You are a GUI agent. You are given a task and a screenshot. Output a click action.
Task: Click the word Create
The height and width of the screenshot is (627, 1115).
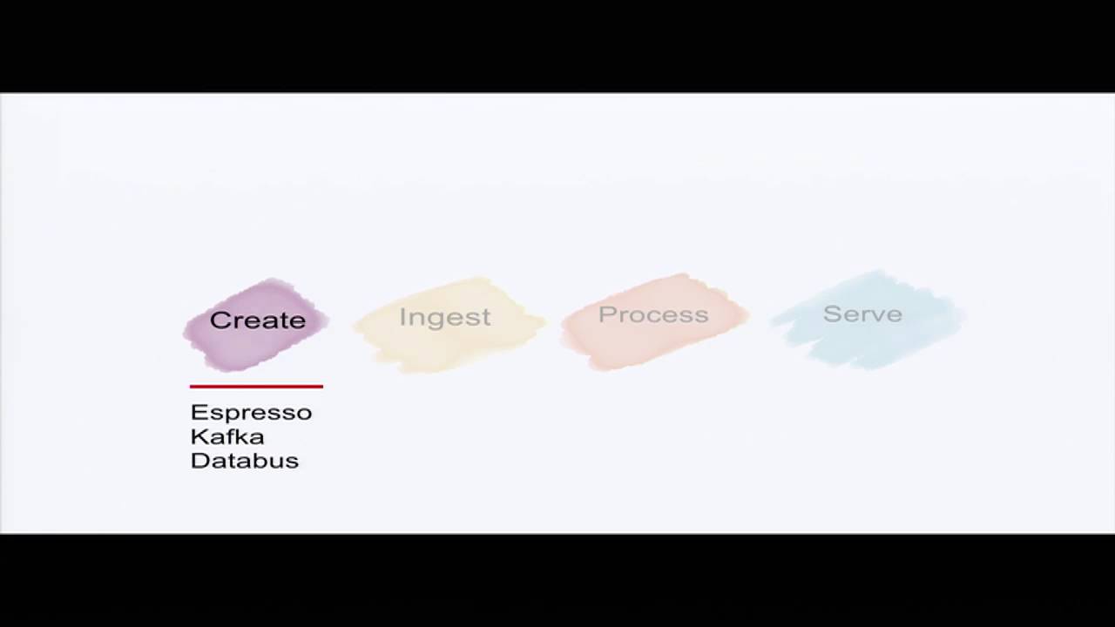coord(258,320)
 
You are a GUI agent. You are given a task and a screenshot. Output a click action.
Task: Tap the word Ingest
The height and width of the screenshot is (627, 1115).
coord(444,318)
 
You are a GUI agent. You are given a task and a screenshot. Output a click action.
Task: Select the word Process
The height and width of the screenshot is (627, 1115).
coord(653,314)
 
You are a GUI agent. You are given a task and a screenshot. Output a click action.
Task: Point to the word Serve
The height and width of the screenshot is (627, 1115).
coord(862,313)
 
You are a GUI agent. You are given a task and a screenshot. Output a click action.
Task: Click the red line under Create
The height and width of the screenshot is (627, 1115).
coord(256,386)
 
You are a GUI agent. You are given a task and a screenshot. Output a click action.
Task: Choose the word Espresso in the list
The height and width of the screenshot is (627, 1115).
coord(251,413)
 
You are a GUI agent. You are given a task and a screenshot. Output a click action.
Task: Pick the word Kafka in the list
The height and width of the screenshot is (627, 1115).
coord(227,436)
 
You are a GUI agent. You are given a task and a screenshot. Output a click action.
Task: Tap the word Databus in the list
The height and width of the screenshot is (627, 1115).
coord(244,461)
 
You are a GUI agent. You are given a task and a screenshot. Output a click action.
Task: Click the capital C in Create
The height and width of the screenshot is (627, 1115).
coord(220,320)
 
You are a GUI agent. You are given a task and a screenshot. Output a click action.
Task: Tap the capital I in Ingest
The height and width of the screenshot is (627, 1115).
coord(402,316)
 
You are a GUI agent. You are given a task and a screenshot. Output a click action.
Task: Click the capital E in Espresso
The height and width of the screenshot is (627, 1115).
coord(197,413)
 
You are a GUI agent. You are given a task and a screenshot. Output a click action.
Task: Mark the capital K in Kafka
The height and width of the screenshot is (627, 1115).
coord(198,436)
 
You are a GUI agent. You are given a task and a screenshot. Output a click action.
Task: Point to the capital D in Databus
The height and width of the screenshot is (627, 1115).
coord(199,461)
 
